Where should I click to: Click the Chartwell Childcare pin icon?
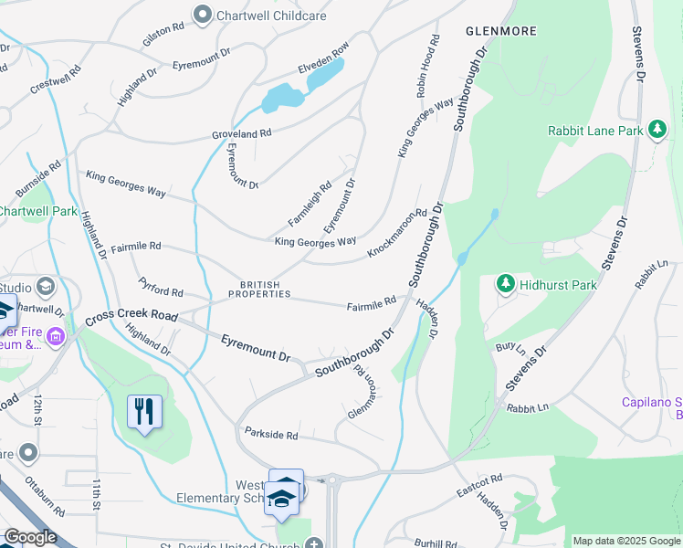(x=203, y=15)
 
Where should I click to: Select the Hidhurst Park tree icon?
(x=506, y=285)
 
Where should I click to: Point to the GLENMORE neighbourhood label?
(x=500, y=31)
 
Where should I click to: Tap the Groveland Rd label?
(x=242, y=133)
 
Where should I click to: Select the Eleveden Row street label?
(x=323, y=58)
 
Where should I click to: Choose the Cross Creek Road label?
(x=131, y=317)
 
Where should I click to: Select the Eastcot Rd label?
(x=479, y=485)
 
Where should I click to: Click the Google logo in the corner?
(x=30, y=537)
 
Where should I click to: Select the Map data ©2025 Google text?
(x=625, y=541)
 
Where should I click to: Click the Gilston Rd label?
(x=163, y=37)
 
